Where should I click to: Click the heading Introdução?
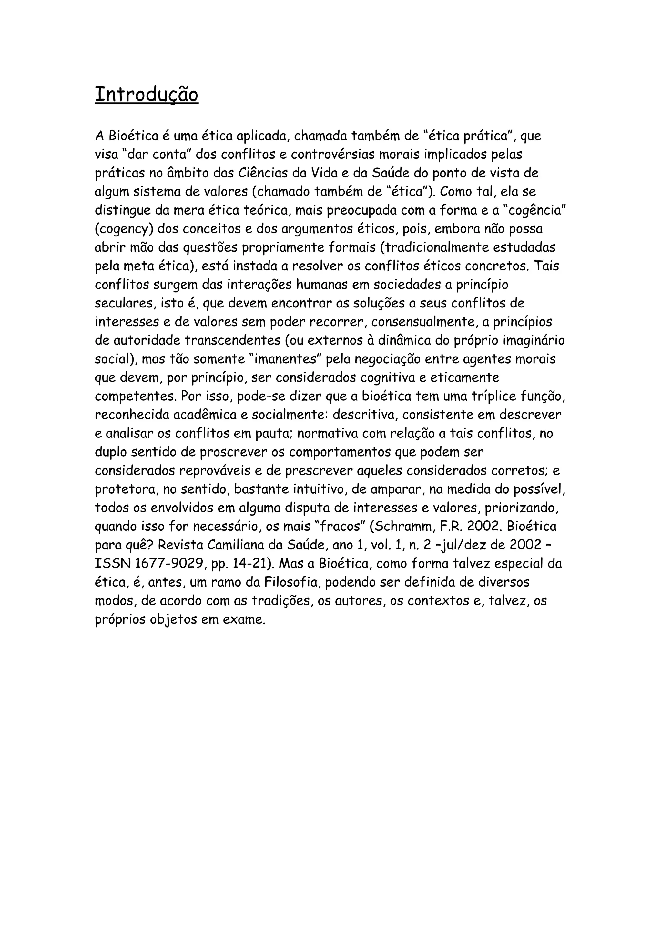tap(147, 95)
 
